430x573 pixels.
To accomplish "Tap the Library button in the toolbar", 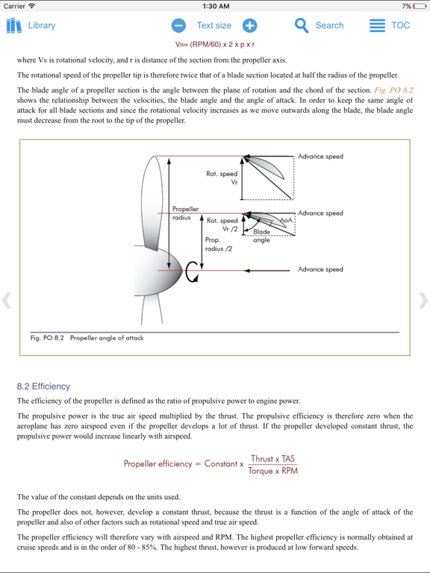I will [x=31, y=25].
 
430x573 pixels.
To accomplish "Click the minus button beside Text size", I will [x=179, y=25].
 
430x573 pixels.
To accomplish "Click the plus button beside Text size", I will [x=249, y=25].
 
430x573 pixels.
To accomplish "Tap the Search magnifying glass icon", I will [x=302, y=25].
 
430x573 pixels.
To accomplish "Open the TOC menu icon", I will [x=378, y=25].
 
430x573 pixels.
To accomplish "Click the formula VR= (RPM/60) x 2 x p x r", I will [x=215, y=44].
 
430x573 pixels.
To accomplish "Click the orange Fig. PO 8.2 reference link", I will [x=393, y=90].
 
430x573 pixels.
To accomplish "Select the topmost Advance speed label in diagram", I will [x=320, y=157].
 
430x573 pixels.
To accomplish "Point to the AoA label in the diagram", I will [x=286, y=221].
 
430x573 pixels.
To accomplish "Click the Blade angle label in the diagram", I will [x=261, y=236].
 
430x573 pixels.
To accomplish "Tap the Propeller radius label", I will [x=184, y=213].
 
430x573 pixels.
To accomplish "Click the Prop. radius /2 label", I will [x=218, y=244].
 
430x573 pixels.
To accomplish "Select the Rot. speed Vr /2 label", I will [x=222, y=225].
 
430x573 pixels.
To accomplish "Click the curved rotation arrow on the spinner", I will [x=192, y=273].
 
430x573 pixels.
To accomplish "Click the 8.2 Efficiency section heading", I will [x=43, y=386].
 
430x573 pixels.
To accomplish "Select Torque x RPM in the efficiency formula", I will [x=272, y=471].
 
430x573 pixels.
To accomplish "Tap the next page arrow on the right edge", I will [x=423, y=301].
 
